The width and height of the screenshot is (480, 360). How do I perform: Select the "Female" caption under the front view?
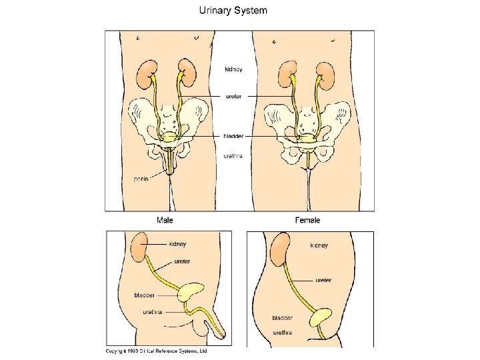(307, 220)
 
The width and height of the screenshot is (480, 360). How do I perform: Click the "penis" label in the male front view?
(141, 179)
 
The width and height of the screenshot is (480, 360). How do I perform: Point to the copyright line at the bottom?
(157, 350)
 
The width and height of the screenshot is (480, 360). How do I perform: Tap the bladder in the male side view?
(192, 291)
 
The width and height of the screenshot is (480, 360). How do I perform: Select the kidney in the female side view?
(279, 248)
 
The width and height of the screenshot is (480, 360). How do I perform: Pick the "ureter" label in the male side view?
(182, 261)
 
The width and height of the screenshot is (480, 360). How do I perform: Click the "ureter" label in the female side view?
(323, 280)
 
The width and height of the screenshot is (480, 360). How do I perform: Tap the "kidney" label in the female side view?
(319, 245)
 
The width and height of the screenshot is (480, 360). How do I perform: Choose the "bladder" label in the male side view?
(145, 295)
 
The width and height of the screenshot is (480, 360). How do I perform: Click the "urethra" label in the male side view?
(151, 312)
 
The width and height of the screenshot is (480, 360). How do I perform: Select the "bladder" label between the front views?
(235, 135)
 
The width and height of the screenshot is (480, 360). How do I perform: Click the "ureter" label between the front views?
(233, 96)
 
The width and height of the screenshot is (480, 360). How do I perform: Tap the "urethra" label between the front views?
(233, 157)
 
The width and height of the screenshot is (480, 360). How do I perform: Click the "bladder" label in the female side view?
(283, 317)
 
